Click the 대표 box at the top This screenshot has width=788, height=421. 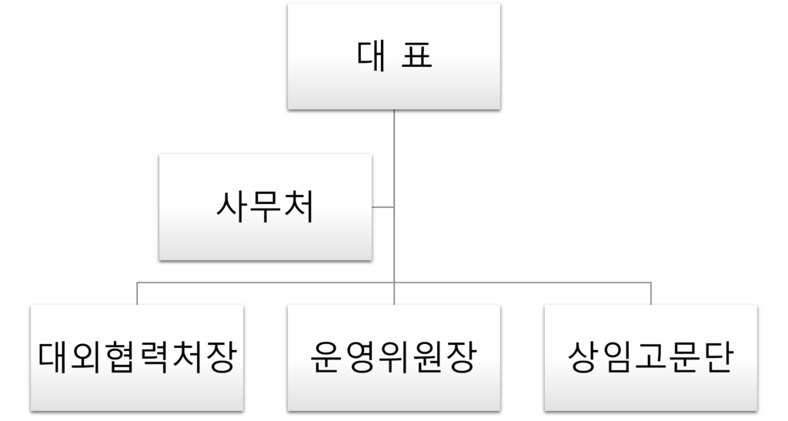click(393, 56)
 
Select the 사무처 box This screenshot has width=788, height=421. click(265, 207)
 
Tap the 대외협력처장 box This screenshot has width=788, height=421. click(137, 358)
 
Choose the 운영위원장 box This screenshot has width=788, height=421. click(393, 358)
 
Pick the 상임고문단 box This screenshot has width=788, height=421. click(650, 358)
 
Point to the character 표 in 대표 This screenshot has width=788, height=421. click(416, 56)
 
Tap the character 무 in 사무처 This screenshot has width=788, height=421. click(265, 207)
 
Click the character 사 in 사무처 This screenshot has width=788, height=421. click(230, 207)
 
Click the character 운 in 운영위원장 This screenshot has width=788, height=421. click(326, 358)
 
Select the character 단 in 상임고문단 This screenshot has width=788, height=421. click(716, 358)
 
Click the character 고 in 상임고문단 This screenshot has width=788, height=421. click(650, 358)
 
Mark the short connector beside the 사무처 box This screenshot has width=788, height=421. click(382, 207)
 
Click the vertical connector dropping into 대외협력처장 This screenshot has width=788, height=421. click(138, 293)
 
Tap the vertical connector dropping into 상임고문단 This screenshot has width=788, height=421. click(650, 293)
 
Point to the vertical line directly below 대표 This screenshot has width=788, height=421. click(394, 154)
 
